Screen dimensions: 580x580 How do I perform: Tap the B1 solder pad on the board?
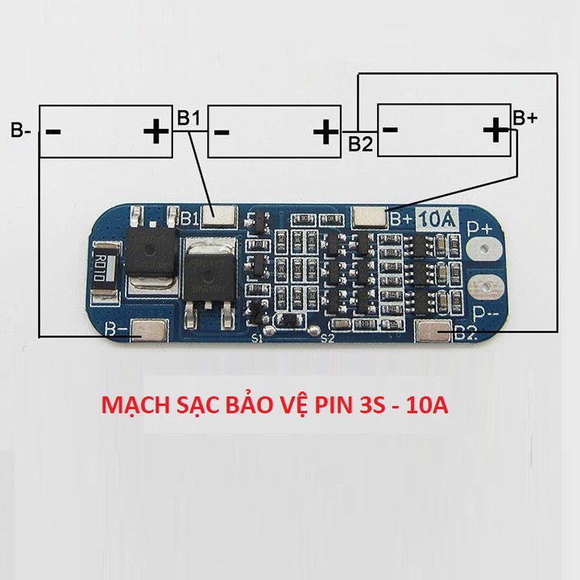[x=220, y=216]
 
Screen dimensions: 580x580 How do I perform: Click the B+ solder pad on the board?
[x=370, y=215]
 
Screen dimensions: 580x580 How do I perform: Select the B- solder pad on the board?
[x=149, y=330]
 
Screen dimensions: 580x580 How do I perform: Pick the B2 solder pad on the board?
[x=435, y=329]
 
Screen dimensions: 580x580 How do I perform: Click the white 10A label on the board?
[x=437, y=218]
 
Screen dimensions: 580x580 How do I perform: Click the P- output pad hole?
[x=486, y=287]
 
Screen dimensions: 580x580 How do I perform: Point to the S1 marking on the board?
[x=258, y=339]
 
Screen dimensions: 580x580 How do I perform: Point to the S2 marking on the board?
[x=327, y=339]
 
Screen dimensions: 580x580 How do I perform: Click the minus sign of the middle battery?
[x=223, y=130]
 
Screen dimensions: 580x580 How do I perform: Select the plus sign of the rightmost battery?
[x=493, y=128]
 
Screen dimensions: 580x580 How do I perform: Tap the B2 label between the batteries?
[x=360, y=144]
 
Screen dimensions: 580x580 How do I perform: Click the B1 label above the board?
[x=188, y=118]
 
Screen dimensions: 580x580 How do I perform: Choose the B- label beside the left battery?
[x=21, y=130]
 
